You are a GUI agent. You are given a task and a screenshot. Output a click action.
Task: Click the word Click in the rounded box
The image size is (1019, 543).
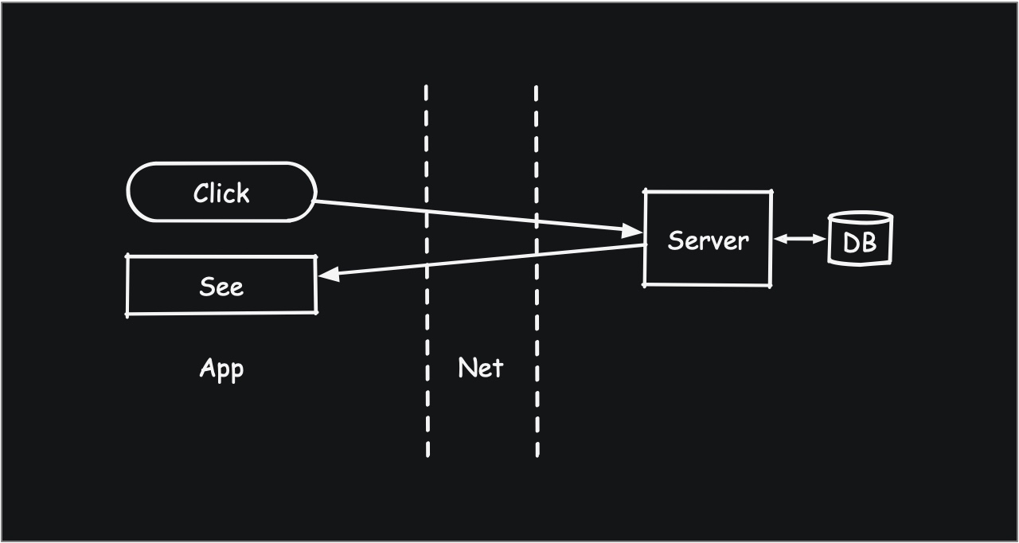point(221,193)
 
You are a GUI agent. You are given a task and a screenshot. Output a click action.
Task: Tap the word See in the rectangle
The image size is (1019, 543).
point(221,286)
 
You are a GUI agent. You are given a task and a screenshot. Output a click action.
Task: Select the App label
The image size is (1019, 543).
point(221,368)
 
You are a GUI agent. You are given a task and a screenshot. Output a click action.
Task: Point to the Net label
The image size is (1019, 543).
point(481,367)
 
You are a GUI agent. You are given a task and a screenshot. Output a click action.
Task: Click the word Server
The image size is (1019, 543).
point(708,240)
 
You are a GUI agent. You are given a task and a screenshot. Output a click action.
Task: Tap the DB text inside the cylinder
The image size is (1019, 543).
point(860,242)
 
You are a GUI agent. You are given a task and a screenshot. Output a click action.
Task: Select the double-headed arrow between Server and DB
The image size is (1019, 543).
point(800,238)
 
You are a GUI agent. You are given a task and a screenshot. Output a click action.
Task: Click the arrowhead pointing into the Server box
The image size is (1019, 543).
point(635,231)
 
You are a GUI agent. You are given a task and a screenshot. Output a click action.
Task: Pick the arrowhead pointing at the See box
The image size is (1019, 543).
point(326,275)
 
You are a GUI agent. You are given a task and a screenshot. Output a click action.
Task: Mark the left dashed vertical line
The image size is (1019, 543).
point(428,271)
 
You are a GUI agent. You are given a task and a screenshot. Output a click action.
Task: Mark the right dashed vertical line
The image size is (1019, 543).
point(537,271)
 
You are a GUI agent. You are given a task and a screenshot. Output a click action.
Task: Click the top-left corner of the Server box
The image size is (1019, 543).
point(645,191)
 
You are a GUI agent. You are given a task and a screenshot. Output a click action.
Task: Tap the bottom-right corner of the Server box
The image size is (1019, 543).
point(771,285)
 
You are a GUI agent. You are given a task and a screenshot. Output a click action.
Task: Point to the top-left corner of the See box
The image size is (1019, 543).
point(127,256)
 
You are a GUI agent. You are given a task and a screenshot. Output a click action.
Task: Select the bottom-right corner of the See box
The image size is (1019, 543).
point(316,312)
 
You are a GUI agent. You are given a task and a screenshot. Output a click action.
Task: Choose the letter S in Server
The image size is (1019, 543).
point(674,240)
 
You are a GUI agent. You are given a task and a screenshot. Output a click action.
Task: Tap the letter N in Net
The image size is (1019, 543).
point(467,367)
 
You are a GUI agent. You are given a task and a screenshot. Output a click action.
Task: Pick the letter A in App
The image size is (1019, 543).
point(206,367)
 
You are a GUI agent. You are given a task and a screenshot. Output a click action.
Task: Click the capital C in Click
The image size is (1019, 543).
point(200,193)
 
